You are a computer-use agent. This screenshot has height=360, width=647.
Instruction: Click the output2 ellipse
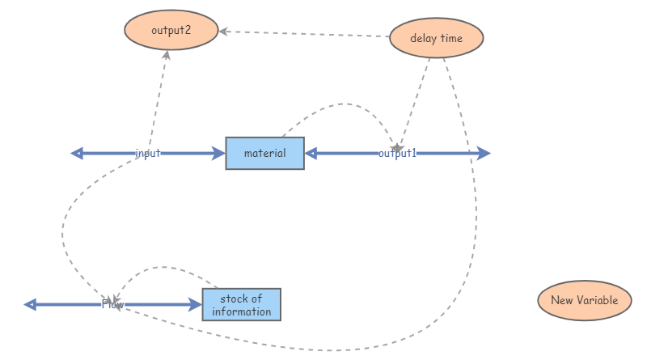coord(171,31)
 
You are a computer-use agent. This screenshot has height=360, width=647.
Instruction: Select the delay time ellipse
coord(436,38)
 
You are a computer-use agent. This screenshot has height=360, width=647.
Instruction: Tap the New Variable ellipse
coord(584,300)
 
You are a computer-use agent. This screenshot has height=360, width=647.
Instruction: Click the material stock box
coord(264,153)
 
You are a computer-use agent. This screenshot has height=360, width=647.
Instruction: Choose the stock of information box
coord(241,305)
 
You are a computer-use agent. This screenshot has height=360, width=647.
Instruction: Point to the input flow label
coord(148,153)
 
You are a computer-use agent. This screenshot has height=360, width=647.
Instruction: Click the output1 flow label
coord(397,153)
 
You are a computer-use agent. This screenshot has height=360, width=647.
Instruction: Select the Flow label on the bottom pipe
coord(112,304)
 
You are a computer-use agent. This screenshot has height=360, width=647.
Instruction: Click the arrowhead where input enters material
coord(218,153)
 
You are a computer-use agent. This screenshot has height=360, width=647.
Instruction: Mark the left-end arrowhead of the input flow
coord(78,153)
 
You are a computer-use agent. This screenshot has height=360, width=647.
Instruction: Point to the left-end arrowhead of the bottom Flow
coord(31,304)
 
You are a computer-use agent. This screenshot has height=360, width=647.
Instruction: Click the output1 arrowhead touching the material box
coord(311,153)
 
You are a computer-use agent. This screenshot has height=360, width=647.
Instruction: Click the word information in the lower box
coord(242,311)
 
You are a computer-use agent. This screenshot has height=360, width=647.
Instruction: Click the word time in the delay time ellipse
coord(451,38)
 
